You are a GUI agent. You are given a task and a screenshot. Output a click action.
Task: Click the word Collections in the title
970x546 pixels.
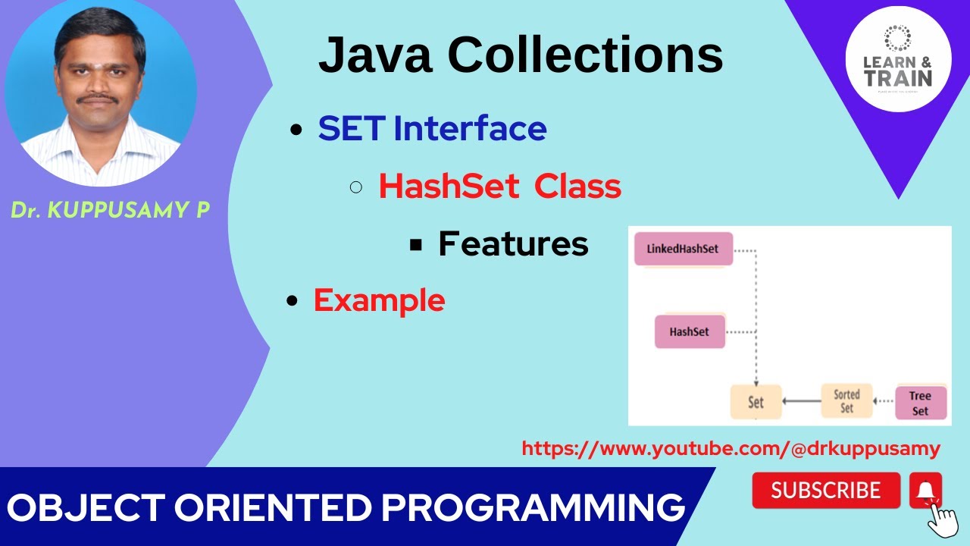585,55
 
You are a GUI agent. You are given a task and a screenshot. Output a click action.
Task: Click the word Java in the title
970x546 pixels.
377,55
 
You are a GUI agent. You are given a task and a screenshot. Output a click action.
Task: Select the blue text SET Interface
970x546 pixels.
432,128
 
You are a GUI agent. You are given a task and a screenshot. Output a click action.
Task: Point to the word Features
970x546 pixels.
513,243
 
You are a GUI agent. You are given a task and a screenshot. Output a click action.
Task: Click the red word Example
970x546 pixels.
379,300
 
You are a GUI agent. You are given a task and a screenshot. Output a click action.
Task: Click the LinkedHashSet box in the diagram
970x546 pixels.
683,249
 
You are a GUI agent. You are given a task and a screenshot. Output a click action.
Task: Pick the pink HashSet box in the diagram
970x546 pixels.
690,332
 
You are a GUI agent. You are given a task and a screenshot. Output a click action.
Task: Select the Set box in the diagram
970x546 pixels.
756,402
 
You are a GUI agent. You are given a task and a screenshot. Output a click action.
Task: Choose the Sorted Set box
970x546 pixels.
846,401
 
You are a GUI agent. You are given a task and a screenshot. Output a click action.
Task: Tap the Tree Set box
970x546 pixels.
920,403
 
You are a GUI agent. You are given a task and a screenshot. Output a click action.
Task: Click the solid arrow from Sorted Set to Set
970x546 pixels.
802,401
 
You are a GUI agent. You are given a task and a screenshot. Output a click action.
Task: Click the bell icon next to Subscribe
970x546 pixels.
925,491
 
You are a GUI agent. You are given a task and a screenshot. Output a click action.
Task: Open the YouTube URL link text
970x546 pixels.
731,448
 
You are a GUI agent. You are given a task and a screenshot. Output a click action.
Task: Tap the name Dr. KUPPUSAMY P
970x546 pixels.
110,211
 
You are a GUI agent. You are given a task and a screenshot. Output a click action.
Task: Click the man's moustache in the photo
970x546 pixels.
99,99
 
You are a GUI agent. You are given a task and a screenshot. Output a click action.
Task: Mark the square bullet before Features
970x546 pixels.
415,244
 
